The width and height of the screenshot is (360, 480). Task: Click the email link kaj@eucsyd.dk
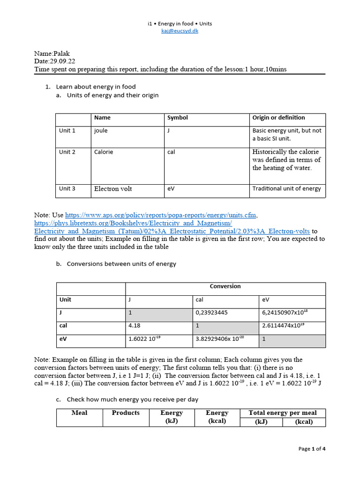(180, 31)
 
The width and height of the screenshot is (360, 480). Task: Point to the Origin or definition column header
(278, 118)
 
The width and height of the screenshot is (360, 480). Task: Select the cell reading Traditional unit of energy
(286, 189)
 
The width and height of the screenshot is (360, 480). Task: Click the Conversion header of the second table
(225, 286)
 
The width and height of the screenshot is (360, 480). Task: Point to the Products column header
(126, 413)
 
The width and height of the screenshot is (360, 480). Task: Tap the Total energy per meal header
(282, 413)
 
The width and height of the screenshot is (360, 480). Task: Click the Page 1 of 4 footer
(312, 449)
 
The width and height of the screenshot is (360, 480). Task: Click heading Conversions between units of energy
(121, 264)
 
